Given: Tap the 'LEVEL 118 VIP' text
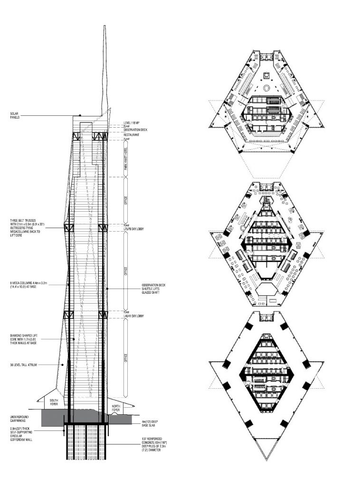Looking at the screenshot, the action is pyautogui.click(x=133, y=123).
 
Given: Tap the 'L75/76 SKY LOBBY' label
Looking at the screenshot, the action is pyautogui.click(x=137, y=229).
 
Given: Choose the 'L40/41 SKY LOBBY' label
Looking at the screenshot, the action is pyautogui.click(x=137, y=316).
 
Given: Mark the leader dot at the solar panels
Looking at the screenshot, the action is pyautogui.click(x=80, y=115).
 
